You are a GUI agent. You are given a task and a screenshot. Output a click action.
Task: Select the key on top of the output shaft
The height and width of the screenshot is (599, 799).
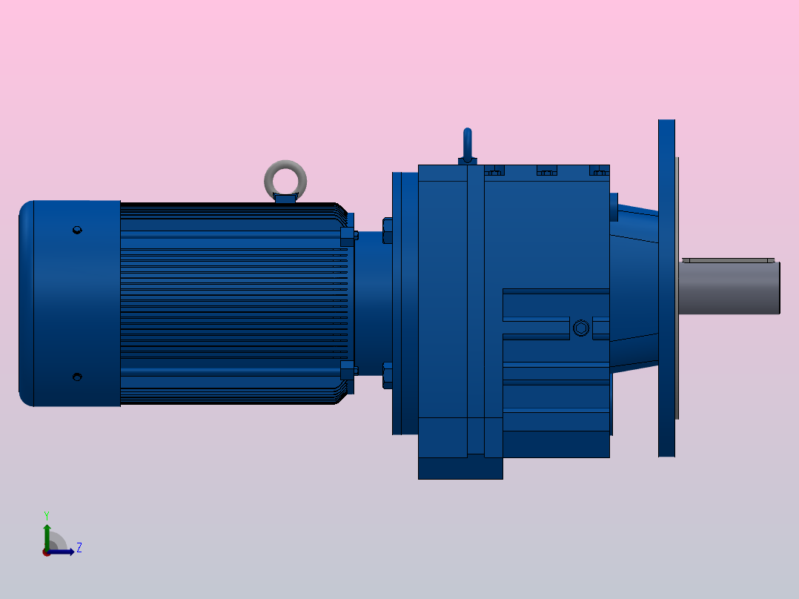coord(728,260)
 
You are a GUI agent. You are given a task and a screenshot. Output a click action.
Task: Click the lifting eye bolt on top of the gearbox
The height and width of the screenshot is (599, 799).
coord(467,145)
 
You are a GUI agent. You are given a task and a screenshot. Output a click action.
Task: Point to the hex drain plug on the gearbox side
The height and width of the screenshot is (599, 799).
coord(580,328)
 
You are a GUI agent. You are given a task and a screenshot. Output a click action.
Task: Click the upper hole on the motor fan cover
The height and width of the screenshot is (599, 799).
coord(76,230)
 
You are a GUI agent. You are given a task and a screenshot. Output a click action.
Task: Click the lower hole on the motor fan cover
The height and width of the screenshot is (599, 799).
coord(76,377)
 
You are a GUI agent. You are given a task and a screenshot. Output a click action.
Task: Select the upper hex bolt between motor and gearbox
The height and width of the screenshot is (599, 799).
coord(388,231)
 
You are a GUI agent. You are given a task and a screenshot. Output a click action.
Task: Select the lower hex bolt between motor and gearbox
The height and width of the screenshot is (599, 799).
coord(388,375)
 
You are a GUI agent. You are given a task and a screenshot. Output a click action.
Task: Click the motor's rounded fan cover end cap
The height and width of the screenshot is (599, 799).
coord(67,304)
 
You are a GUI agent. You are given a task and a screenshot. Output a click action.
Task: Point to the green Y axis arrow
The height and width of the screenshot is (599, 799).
coord(47,532)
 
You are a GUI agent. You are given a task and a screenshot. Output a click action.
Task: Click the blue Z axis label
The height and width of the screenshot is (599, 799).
coord(79,548)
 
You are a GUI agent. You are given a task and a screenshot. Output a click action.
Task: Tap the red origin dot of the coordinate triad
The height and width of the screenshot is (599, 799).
coord(47,552)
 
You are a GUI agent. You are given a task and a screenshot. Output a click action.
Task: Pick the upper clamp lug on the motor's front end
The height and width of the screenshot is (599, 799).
coord(347,236)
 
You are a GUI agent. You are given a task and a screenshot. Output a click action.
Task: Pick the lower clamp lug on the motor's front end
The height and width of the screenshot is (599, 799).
coord(347,370)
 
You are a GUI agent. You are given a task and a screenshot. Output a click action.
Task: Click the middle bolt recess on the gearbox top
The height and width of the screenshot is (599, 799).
coord(546,172)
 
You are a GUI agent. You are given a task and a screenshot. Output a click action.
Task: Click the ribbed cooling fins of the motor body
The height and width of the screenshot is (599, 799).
coord(230,304)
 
